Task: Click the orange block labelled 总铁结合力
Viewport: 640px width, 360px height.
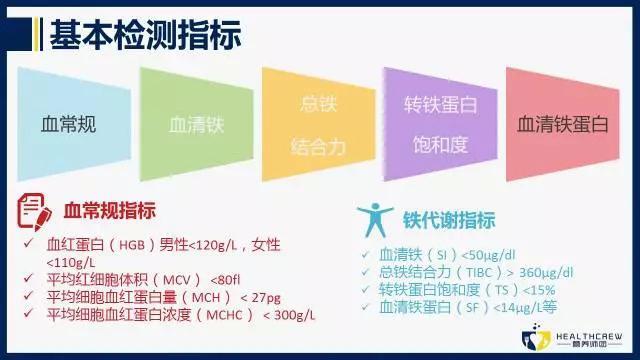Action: [x=318, y=125]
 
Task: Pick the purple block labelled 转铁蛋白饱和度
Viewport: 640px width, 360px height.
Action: [x=440, y=125]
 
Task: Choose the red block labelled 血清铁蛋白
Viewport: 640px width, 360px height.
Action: [x=562, y=125]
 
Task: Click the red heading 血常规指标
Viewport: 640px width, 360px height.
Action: [x=110, y=211]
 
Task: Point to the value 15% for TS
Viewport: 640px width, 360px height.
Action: [x=535, y=290]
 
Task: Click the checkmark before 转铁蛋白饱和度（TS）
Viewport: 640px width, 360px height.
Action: [x=367, y=290]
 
